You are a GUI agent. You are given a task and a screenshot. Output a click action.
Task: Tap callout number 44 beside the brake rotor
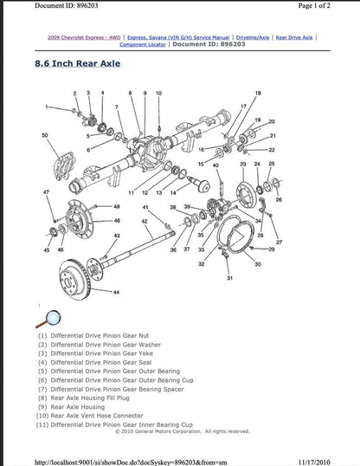pos(116,293)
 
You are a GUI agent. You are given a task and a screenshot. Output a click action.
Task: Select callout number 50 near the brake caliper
pos(44,136)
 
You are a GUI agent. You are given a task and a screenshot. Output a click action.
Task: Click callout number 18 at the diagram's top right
pos(257,92)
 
